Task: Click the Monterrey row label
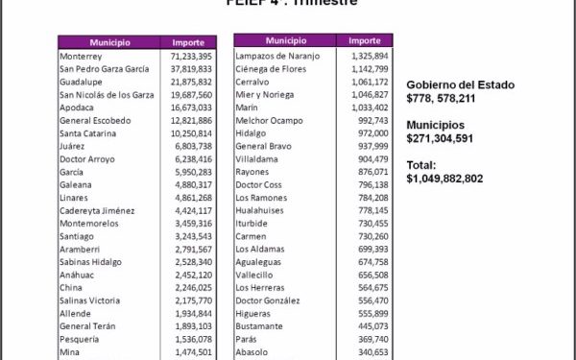81,57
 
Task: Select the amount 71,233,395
192,57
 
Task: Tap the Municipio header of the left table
110,43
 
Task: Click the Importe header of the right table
365,41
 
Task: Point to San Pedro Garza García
104,69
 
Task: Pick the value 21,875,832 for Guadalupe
192,82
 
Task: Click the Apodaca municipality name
78,108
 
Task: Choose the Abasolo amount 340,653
372,351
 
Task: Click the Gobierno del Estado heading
460,85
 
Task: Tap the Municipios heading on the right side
435,125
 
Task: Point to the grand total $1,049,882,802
458,179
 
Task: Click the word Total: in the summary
421,165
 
